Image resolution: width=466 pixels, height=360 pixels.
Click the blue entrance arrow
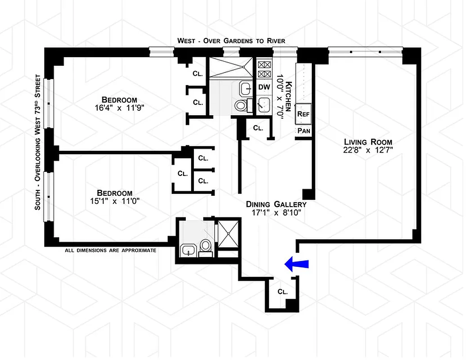click(x=297, y=265)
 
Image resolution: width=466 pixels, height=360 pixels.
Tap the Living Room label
click(x=367, y=142)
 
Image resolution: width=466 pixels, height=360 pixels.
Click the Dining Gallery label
click(x=276, y=204)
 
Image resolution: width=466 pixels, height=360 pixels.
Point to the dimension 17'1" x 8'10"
click(x=276, y=213)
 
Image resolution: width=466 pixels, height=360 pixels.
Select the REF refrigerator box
click(x=303, y=114)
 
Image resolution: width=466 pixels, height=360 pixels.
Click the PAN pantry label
click(x=303, y=131)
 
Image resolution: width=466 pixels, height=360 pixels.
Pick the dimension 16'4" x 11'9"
click(x=119, y=108)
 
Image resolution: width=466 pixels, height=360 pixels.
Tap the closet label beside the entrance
click(x=282, y=291)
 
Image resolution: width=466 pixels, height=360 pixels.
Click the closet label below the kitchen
click(x=258, y=128)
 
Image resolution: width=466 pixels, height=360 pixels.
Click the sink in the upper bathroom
click(x=246, y=88)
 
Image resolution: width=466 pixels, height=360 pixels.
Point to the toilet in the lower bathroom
click(x=206, y=246)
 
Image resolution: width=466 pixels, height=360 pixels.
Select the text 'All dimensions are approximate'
click(x=111, y=250)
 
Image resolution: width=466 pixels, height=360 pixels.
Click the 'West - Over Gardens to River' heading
click(x=231, y=41)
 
